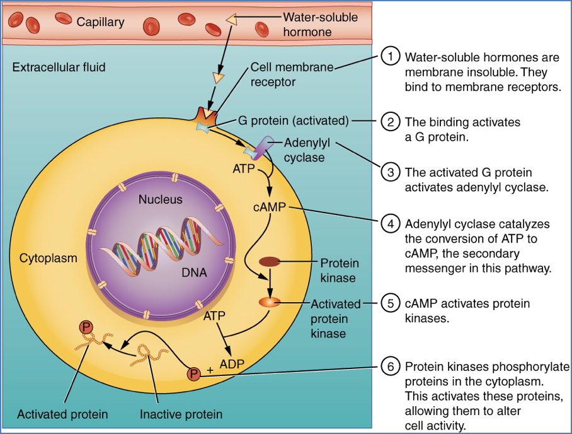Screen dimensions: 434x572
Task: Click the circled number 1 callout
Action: pos(391,56)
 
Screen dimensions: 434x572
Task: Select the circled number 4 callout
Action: pos(391,224)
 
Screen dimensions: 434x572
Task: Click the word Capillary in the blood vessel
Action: pos(101,22)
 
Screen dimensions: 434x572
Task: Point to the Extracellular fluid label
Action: pos(59,67)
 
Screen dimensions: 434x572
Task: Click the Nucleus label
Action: pos(160,200)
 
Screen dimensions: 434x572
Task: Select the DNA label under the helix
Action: pos(194,273)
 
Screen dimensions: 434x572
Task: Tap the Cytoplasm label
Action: pos(49,258)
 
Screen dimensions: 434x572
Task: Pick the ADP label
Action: pos(232,363)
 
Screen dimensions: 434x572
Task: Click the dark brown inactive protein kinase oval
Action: pos(271,261)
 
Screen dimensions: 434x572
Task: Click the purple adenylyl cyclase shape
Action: pos(265,145)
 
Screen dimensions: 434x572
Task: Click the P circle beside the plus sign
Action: pos(193,374)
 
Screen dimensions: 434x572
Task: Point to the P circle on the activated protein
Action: pos(85,327)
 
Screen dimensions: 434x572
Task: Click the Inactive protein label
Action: pos(181,414)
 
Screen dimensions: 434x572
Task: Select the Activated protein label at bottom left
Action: pos(62,414)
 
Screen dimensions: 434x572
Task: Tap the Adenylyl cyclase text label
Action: pos(307,150)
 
